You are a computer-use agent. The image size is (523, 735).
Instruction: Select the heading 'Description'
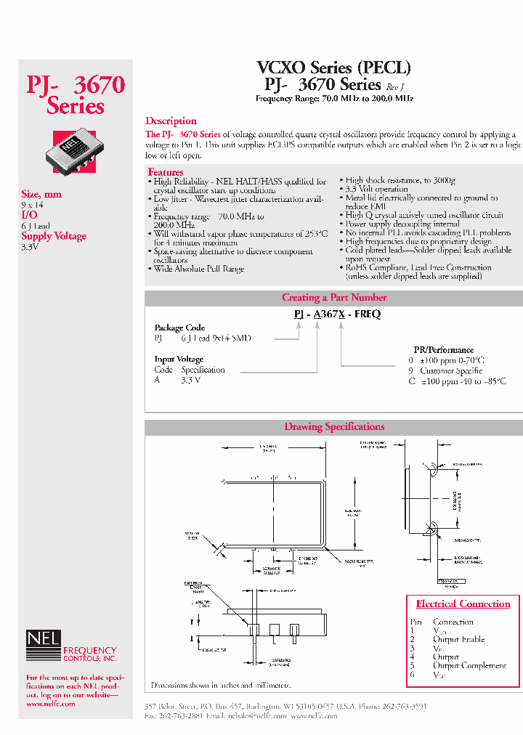[171, 121]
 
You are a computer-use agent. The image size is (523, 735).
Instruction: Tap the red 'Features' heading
[166, 172]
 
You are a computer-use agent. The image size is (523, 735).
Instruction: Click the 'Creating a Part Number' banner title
[334, 297]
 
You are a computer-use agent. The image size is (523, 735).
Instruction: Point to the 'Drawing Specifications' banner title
[334, 426]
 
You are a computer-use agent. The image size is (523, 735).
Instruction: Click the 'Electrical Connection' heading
[463, 604]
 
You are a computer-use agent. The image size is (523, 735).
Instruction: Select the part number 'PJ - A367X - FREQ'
[337, 314]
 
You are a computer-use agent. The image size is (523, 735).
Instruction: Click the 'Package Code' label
[179, 328]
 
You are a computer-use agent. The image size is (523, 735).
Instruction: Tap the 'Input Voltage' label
[179, 359]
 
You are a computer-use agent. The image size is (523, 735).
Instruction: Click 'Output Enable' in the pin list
[458, 639]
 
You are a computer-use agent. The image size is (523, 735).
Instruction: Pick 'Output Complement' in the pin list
[469, 665]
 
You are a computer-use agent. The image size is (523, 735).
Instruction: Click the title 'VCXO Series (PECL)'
[333, 68]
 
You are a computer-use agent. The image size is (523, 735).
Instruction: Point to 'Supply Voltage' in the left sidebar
[54, 236]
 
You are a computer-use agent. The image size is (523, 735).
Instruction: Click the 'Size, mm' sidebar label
[41, 194]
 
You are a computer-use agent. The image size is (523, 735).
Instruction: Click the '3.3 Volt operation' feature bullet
[376, 189]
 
